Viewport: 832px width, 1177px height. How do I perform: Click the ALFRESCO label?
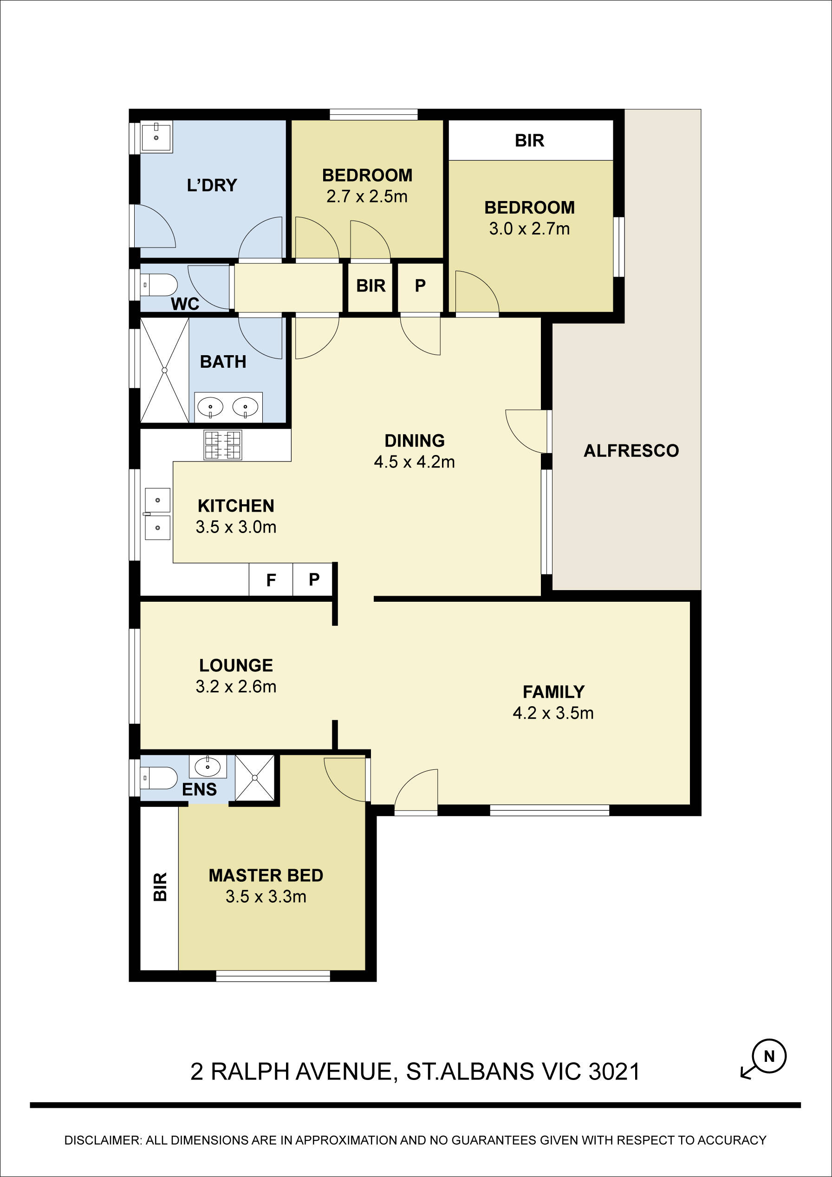click(631, 450)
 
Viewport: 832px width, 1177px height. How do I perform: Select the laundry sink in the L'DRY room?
click(156, 137)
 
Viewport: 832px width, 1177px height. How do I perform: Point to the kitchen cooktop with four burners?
click(222, 444)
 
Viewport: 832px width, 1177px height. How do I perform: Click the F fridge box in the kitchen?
click(271, 580)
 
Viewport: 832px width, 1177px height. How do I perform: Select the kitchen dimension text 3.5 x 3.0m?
click(236, 527)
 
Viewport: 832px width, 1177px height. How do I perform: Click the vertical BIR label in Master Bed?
click(160, 886)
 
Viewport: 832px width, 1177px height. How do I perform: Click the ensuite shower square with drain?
click(255, 778)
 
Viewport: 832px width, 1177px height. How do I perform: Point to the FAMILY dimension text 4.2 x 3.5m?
click(552, 713)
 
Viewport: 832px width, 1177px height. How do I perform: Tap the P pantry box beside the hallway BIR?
click(420, 286)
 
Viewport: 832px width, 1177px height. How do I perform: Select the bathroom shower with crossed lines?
click(164, 370)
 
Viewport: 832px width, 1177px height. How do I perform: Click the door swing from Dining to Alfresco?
click(527, 430)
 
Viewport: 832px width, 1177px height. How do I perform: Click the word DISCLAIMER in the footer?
click(101, 1140)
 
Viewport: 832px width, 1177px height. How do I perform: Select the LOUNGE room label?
click(236, 665)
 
